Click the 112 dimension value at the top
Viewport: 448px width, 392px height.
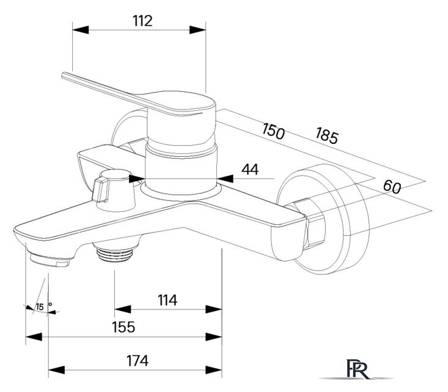click(142, 21)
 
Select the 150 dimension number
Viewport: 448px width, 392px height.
click(273, 131)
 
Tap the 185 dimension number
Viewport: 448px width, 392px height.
click(327, 135)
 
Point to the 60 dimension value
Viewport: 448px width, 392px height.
click(392, 186)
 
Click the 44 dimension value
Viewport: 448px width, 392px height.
click(250, 169)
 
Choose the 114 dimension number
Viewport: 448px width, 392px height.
click(167, 300)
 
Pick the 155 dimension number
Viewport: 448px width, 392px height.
click(123, 327)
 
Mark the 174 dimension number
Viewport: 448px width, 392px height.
click(138, 361)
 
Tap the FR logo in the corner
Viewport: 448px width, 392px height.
click(358, 369)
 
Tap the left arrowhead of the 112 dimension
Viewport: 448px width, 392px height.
click(81, 29)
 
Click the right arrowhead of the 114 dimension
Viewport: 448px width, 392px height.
click(214, 309)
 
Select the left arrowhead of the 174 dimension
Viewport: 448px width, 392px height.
click(57, 370)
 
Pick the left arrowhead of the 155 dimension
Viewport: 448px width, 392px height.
click(34, 337)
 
